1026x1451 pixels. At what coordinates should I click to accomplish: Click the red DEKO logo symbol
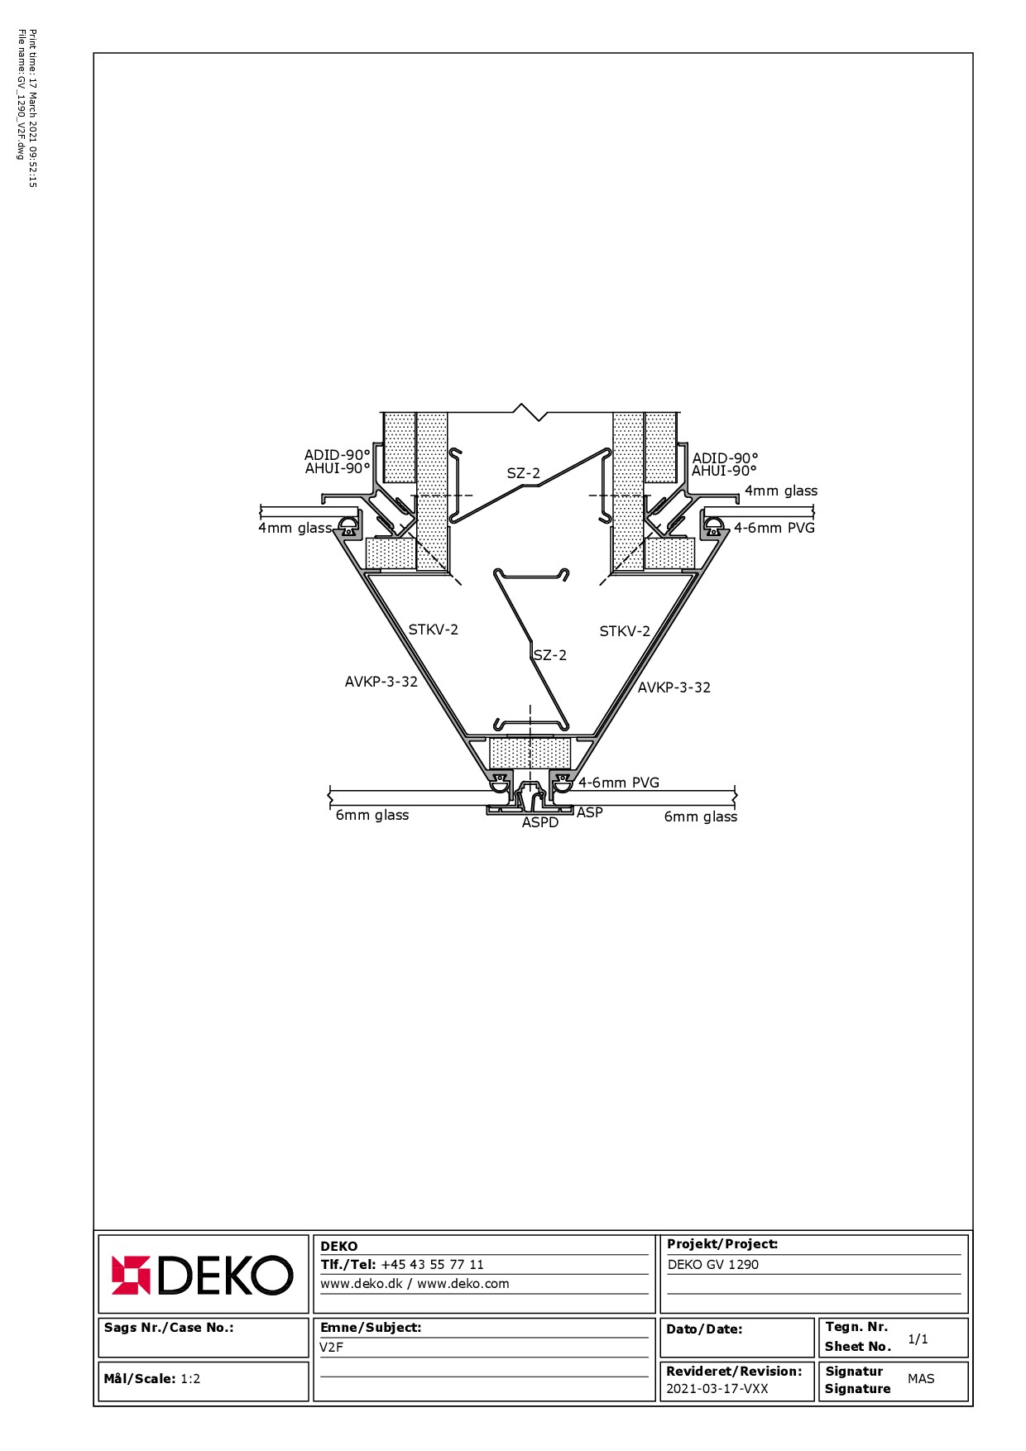131,1275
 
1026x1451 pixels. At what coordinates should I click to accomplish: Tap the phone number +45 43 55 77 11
432,1264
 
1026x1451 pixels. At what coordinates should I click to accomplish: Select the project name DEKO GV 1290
712,1264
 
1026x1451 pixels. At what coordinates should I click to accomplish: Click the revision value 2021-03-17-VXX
717,1388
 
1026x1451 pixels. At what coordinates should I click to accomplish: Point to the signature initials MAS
921,1378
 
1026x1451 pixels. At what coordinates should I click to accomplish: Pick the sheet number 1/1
918,1338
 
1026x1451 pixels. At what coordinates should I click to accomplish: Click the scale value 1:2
190,1378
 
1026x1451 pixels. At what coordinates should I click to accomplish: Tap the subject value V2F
331,1347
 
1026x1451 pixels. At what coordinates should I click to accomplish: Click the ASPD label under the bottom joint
540,822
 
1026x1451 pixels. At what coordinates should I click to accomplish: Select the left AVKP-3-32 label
381,682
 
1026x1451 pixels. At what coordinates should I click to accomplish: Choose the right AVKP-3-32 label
674,687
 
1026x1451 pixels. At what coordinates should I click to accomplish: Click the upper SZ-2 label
524,473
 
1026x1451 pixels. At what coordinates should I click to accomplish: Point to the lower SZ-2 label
550,655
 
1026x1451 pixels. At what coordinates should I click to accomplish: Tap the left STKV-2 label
433,630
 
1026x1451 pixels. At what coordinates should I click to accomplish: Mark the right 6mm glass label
700,816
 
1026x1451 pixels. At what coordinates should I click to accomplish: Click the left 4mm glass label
295,528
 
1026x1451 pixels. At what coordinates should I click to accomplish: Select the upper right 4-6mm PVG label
774,528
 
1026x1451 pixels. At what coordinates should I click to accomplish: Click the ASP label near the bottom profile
589,812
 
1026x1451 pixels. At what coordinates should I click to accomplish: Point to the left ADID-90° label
337,455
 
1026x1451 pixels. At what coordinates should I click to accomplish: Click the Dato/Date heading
704,1329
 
